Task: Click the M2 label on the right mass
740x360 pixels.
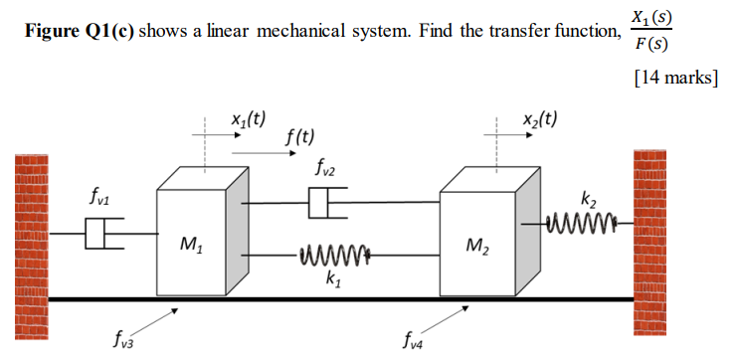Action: (477, 244)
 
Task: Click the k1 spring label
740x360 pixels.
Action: (330, 280)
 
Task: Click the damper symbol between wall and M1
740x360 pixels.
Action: (99, 236)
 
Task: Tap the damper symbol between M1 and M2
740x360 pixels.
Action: (326, 206)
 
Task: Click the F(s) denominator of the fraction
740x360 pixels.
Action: (650, 46)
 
